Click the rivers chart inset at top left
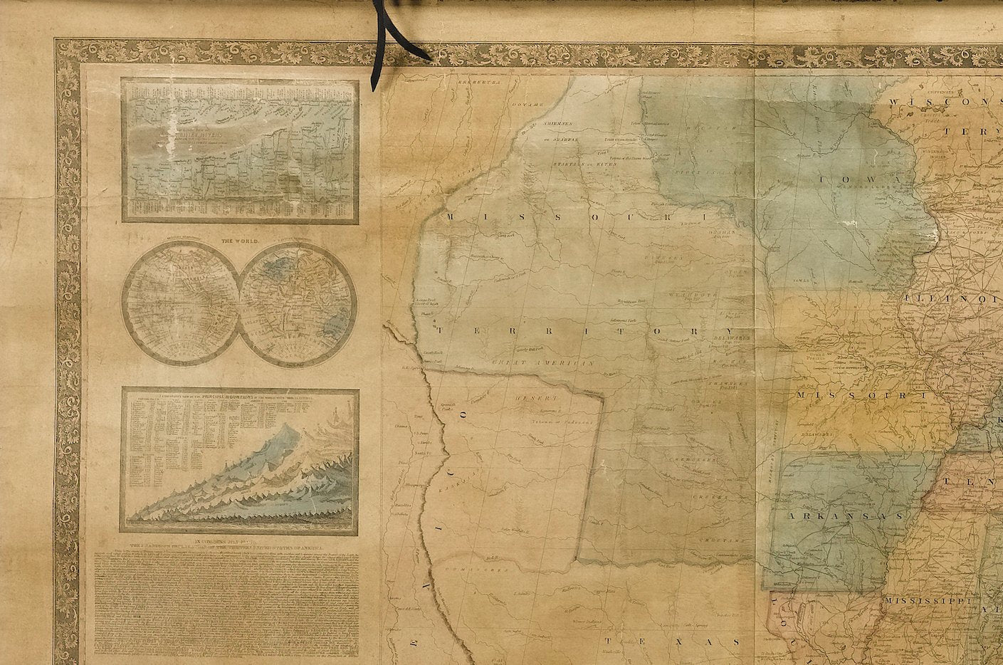240,150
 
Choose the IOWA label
861,179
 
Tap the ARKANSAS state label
844,515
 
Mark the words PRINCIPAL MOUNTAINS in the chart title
246,397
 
